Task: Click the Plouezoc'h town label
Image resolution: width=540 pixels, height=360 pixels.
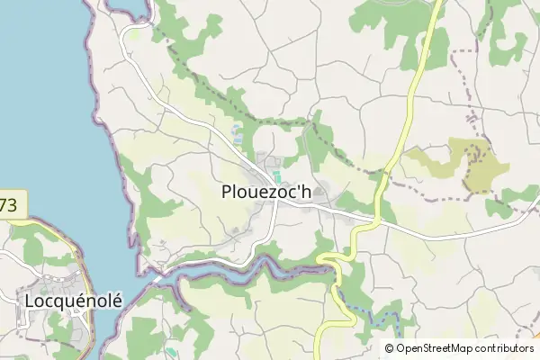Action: [265, 192]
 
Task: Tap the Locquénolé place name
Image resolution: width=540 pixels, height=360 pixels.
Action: [74, 300]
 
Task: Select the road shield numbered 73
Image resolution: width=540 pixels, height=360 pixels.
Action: [9, 205]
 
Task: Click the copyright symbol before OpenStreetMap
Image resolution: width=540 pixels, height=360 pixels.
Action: [390, 348]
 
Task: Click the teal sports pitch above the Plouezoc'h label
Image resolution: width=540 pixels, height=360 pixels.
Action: [276, 175]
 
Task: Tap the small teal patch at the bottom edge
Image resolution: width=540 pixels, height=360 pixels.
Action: [171, 352]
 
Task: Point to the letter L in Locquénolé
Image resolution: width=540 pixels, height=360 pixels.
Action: [31, 300]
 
